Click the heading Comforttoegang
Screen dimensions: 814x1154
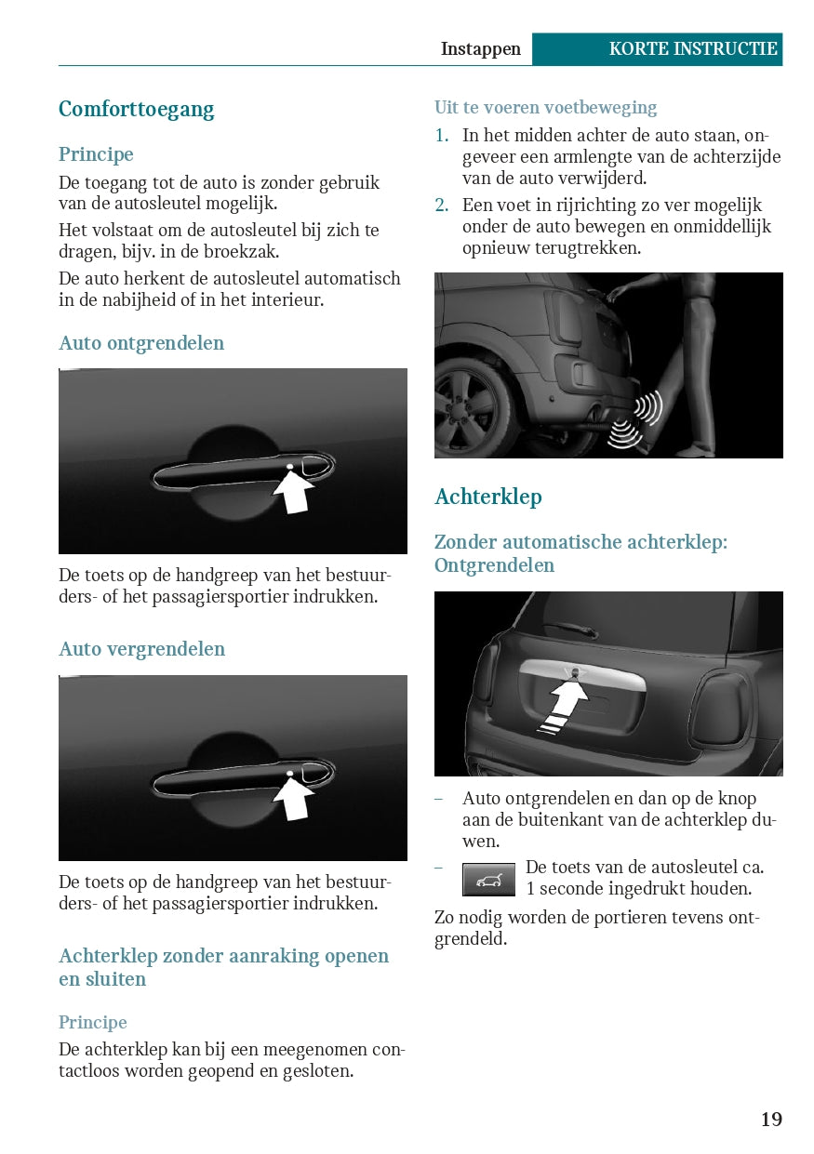(x=136, y=110)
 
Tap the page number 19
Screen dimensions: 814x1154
(x=771, y=1119)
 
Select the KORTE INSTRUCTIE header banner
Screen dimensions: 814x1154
(x=658, y=49)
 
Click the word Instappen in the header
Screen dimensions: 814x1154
(x=480, y=49)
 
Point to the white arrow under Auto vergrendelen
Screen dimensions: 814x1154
(x=293, y=798)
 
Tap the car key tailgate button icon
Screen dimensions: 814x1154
(x=488, y=879)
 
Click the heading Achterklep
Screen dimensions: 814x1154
(x=488, y=497)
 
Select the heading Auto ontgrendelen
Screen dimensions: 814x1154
(x=141, y=343)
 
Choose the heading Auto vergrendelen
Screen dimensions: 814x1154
(x=141, y=649)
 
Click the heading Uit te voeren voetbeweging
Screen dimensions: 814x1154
(x=545, y=107)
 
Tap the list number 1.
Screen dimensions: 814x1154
(x=441, y=135)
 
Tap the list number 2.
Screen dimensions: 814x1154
(x=441, y=205)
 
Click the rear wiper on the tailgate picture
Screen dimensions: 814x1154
(x=571, y=629)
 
